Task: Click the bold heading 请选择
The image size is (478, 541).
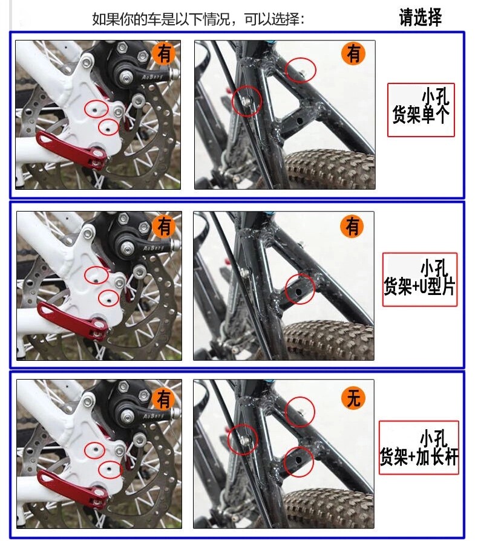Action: click(421, 17)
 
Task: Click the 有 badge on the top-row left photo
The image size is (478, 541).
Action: click(164, 54)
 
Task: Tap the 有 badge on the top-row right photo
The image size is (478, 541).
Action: click(354, 54)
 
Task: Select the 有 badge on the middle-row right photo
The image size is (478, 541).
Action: click(353, 227)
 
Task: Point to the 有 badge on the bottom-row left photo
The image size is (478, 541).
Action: click(164, 398)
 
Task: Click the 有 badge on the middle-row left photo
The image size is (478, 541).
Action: click(164, 226)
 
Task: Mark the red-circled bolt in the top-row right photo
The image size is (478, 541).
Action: click(247, 99)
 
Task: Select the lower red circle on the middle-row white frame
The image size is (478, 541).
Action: click(110, 297)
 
